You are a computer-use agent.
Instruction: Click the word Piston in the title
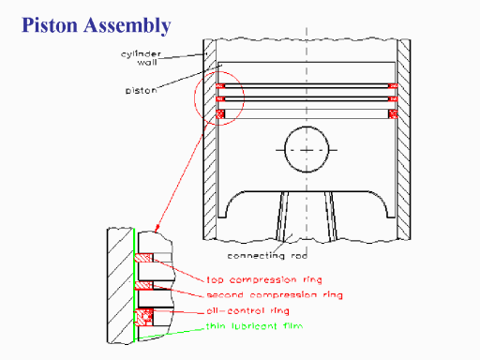(x=50, y=25)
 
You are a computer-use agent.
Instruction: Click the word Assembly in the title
(x=127, y=25)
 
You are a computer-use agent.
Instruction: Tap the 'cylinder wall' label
(x=142, y=58)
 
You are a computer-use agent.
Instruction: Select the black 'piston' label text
(x=141, y=91)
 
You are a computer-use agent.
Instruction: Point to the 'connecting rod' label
(x=267, y=256)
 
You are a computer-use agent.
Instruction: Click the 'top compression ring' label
(x=264, y=279)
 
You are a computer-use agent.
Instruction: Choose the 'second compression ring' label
(x=275, y=295)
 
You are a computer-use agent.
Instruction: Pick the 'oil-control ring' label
(x=247, y=311)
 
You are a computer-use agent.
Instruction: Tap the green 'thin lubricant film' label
(x=254, y=326)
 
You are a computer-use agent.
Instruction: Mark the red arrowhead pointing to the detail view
(x=157, y=228)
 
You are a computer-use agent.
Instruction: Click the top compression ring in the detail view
(x=143, y=258)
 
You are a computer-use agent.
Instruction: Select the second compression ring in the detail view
(x=143, y=285)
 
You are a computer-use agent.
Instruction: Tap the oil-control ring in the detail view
(x=144, y=317)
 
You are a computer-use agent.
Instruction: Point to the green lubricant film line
(x=134, y=285)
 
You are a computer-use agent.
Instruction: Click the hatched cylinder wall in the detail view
(x=120, y=286)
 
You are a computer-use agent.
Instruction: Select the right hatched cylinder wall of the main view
(x=404, y=140)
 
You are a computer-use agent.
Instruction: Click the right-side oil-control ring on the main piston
(x=393, y=114)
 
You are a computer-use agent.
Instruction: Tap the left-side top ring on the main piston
(x=220, y=86)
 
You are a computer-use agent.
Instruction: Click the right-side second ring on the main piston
(x=393, y=99)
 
